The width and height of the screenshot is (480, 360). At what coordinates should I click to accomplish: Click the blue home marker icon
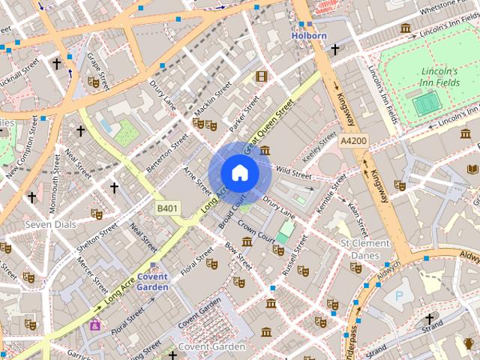click(x=239, y=172)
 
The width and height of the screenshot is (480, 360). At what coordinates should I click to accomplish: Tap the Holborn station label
click(x=309, y=35)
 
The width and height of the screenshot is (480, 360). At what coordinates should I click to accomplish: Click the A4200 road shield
click(x=352, y=140)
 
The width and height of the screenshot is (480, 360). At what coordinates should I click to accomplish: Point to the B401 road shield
click(x=168, y=207)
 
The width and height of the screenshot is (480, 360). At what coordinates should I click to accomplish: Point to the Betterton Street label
click(x=166, y=153)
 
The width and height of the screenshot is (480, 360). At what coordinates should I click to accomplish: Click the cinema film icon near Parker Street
click(x=261, y=76)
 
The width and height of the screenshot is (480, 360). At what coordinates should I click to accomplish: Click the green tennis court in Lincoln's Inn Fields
click(x=426, y=103)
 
